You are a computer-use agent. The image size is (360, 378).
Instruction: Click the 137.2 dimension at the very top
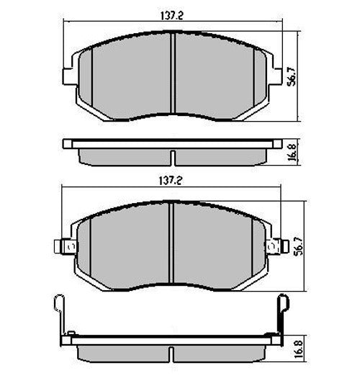[x=172, y=12]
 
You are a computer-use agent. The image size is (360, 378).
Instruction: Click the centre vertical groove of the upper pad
[x=173, y=72]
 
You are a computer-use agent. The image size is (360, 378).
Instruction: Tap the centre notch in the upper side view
[x=173, y=156]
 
